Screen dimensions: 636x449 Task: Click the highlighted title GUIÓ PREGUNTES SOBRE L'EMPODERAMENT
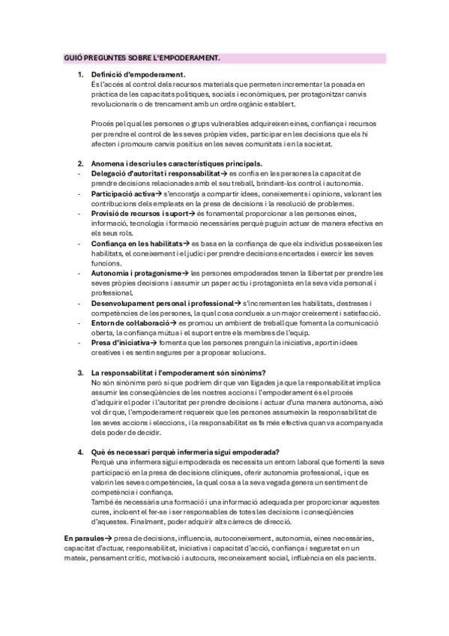[x=141, y=57]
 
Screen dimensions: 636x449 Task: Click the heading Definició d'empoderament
[x=138, y=75]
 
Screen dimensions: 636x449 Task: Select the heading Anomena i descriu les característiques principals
[x=176, y=163]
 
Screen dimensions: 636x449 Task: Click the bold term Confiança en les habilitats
[x=137, y=244]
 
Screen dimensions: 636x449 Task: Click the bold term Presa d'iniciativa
[x=119, y=343]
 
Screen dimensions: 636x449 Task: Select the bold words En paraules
[x=83, y=538]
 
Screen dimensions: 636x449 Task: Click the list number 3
[x=80, y=373]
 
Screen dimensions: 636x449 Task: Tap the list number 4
[x=80, y=452]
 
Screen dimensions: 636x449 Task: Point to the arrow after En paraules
[x=109, y=538]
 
